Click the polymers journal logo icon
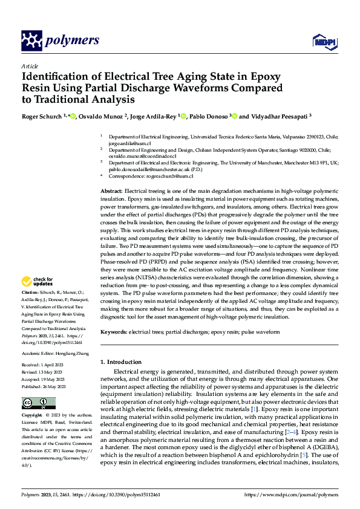pyautogui.click(x=31, y=41)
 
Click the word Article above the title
pyautogui.click(x=29, y=66)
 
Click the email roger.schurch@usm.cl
pyautogui.click(x=168, y=176)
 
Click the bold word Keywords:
pyautogui.click(x=114, y=332)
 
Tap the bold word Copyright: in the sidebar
pyautogui.click(x=33, y=416)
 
